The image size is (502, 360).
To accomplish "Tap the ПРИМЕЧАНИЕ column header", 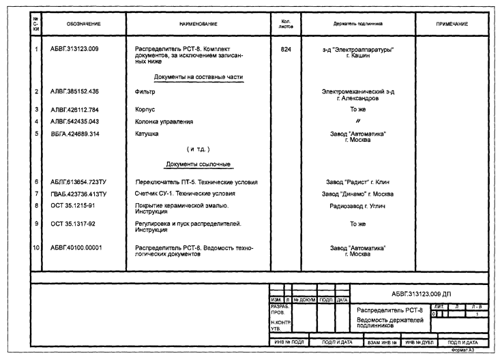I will tap(452, 24).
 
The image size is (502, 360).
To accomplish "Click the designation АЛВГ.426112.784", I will tap(75, 109).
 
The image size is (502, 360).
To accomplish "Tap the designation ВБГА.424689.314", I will tap(75, 134).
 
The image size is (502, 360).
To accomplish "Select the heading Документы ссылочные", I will tap(198, 164).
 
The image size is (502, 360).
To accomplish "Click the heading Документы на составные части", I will tap(198, 77).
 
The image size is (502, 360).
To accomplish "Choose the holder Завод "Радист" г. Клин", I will tap(358, 183).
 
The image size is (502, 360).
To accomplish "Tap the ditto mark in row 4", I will tap(358, 122).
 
